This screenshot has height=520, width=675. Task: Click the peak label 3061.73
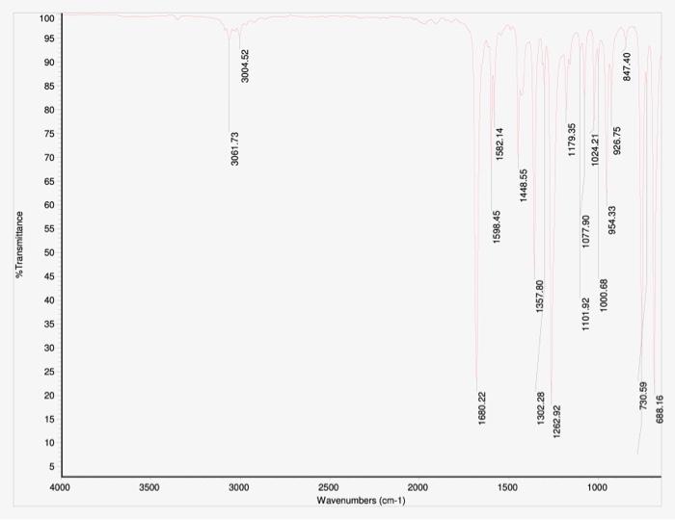pyautogui.click(x=234, y=148)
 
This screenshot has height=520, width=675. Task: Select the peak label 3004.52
pyautogui.click(x=245, y=65)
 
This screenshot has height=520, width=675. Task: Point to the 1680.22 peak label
pyautogui.click(x=482, y=409)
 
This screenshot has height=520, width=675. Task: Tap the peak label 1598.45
pyautogui.click(x=497, y=227)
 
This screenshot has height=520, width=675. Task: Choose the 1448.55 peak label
pyautogui.click(x=524, y=185)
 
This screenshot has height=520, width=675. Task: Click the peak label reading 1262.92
pyautogui.click(x=556, y=421)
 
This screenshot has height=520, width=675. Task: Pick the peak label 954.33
pyautogui.click(x=612, y=221)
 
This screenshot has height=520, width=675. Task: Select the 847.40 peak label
pyautogui.click(x=627, y=66)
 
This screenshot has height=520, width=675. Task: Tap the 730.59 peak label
pyautogui.click(x=643, y=397)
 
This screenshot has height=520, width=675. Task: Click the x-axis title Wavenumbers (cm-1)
pyautogui.click(x=362, y=501)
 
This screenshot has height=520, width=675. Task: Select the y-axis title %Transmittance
pyautogui.click(x=19, y=245)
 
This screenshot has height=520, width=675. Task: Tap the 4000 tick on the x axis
pyautogui.click(x=61, y=487)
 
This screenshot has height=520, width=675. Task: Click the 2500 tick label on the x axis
pyautogui.click(x=328, y=487)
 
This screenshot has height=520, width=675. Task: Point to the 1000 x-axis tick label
pyautogui.click(x=597, y=487)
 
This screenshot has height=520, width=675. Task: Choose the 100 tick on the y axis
pyautogui.click(x=47, y=18)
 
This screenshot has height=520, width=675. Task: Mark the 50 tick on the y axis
pyautogui.click(x=50, y=252)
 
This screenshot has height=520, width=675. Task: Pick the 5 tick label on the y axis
pyautogui.click(x=52, y=466)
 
